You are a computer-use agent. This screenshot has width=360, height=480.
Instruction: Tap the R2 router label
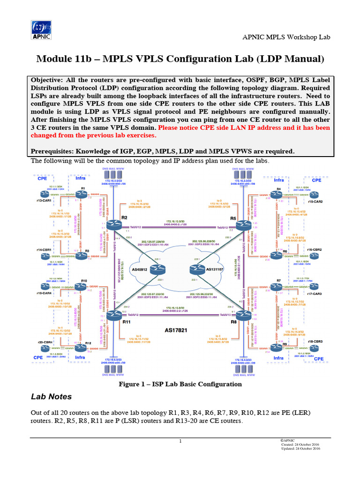pyautogui.click(x=124, y=218)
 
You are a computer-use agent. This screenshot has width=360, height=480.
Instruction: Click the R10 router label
pyautogui.click(x=84, y=281)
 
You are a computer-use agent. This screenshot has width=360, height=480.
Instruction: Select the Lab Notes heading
pyautogui.click(x=51, y=397)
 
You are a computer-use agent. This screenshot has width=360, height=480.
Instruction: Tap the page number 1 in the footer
pyautogui.click(x=180, y=442)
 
